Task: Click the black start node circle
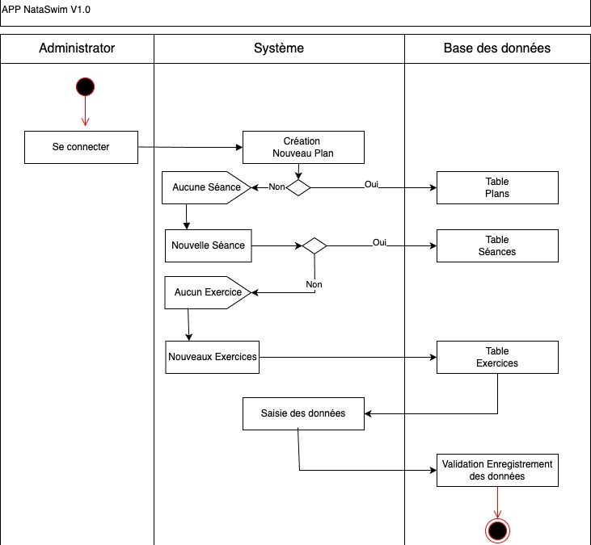click(85, 87)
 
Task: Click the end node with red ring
click(497, 530)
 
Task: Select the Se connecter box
click(81, 147)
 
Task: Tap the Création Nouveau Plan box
click(303, 147)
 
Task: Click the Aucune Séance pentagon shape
click(206, 187)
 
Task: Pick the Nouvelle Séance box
click(209, 245)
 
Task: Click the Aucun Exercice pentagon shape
click(207, 292)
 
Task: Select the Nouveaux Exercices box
click(212, 357)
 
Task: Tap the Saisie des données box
click(303, 413)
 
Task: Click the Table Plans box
click(497, 187)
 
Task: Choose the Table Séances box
click(497, 245)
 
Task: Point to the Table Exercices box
click(497, 357)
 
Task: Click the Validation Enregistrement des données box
click(497, 470)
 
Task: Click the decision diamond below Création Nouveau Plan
click(298, 187)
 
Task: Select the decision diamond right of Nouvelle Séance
click(314, 245)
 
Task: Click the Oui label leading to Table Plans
click(371, 184)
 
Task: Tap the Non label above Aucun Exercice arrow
click(314, 284)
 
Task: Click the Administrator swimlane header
click(77, 48)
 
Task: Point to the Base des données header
click(497, 48)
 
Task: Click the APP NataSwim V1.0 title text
click(45, 10)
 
